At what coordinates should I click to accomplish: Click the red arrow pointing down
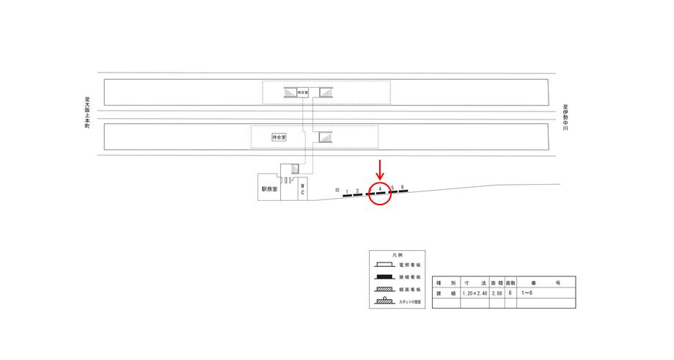coord(379,169)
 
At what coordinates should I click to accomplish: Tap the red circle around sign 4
coord(379,192)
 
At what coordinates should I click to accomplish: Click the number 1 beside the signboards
coord(347,191)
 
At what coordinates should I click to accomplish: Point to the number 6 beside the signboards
coord(403,187)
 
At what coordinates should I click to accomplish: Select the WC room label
coord(301,189)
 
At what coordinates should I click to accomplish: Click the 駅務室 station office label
coord(269,188)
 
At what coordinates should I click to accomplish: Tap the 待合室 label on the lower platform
coord(279,137)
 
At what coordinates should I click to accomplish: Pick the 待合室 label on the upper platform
coord(303,92)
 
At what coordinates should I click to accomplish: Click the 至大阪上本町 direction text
coord(87,113)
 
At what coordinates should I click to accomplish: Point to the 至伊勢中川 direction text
coord(565,117)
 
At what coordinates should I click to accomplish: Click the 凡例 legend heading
coord(397,255)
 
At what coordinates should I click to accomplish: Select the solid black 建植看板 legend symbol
coord(384,277)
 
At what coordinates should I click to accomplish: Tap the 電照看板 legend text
coord(410,265)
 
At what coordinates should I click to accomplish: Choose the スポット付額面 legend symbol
coord(384,301)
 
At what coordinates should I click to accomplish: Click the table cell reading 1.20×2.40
coord(475,293)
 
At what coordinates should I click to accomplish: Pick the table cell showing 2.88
coord(497,293)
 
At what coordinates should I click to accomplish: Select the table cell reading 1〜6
coord(527,293)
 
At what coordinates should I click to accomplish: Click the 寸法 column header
coord(475,282)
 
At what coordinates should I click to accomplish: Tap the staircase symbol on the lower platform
coord(324,137)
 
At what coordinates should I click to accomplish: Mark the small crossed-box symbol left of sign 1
coord(337,191)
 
